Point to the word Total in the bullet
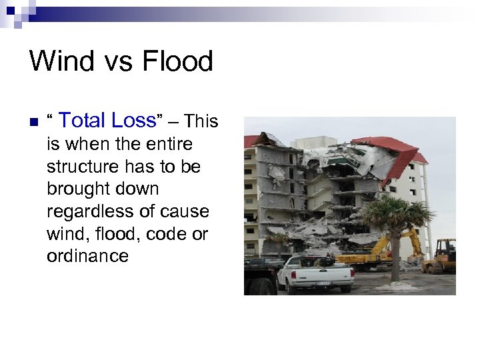pos(83,121)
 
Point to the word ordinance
pos(87,257)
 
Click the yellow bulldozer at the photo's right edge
pos(443,257)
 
